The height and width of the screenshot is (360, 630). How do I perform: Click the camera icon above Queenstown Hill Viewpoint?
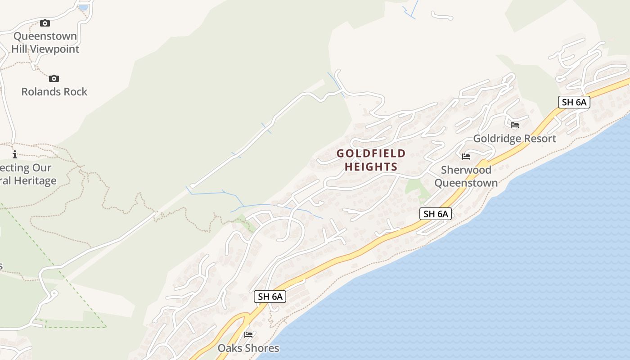click(x=45, y=23)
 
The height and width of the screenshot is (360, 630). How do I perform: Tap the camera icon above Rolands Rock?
click(x=54, y=79)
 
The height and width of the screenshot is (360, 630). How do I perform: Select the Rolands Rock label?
click(x=54, y=92)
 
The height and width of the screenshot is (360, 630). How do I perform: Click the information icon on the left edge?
click(x=15, y=154)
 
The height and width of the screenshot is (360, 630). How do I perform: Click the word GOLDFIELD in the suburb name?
click(x=371, y=153)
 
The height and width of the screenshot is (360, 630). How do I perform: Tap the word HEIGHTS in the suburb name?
click(x=371, y=167)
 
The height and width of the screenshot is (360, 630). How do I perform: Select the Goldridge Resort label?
click(x=515, y=139)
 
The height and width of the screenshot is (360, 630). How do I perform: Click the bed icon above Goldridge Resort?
click(x=515, y=125)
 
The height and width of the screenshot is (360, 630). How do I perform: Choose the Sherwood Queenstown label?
click(x=466, y=176)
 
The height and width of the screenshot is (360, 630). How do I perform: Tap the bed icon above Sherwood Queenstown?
click(x=466, y=157)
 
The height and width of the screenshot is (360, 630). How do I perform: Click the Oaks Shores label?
click(x=248, y=348)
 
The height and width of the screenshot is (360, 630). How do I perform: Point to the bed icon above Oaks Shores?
click(x=248, y=335)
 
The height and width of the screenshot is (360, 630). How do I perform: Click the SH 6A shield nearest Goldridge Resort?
click(x=574, y=102)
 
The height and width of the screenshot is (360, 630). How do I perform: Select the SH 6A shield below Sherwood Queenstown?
click(x=436, y=214)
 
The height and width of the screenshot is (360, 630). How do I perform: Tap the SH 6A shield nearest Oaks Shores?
click(x=270, y=297)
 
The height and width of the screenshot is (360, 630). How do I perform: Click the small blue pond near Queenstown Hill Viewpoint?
click(x=83, y=7)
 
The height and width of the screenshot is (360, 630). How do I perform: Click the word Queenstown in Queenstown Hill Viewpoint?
click(x=45, y=36)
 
